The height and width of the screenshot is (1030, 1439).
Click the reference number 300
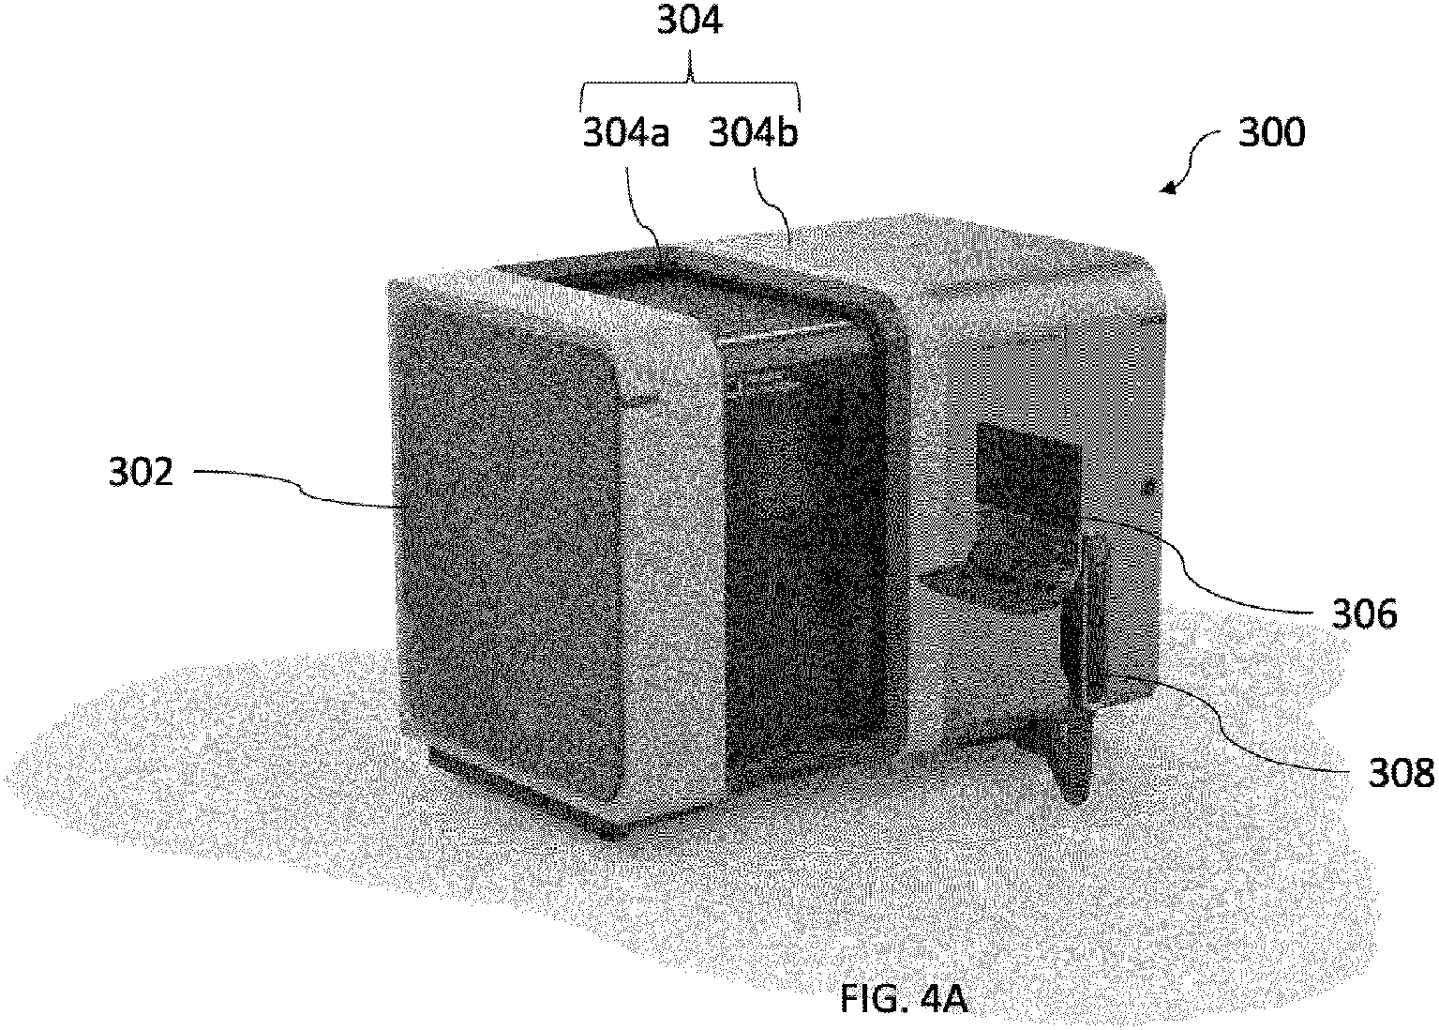pos(1271,132)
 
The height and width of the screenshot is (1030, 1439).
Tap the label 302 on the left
pos(141,472)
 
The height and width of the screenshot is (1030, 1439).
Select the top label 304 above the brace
pos(689,21)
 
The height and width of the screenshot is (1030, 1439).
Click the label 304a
pos(626,134)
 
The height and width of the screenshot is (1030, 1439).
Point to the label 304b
pos(753,134)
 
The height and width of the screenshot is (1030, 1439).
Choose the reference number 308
pos(1401,773)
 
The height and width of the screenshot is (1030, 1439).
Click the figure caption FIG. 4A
pos(902,999)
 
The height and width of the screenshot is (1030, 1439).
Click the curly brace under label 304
pos(691,89)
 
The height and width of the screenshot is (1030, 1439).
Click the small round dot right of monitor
pos(1149,486)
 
